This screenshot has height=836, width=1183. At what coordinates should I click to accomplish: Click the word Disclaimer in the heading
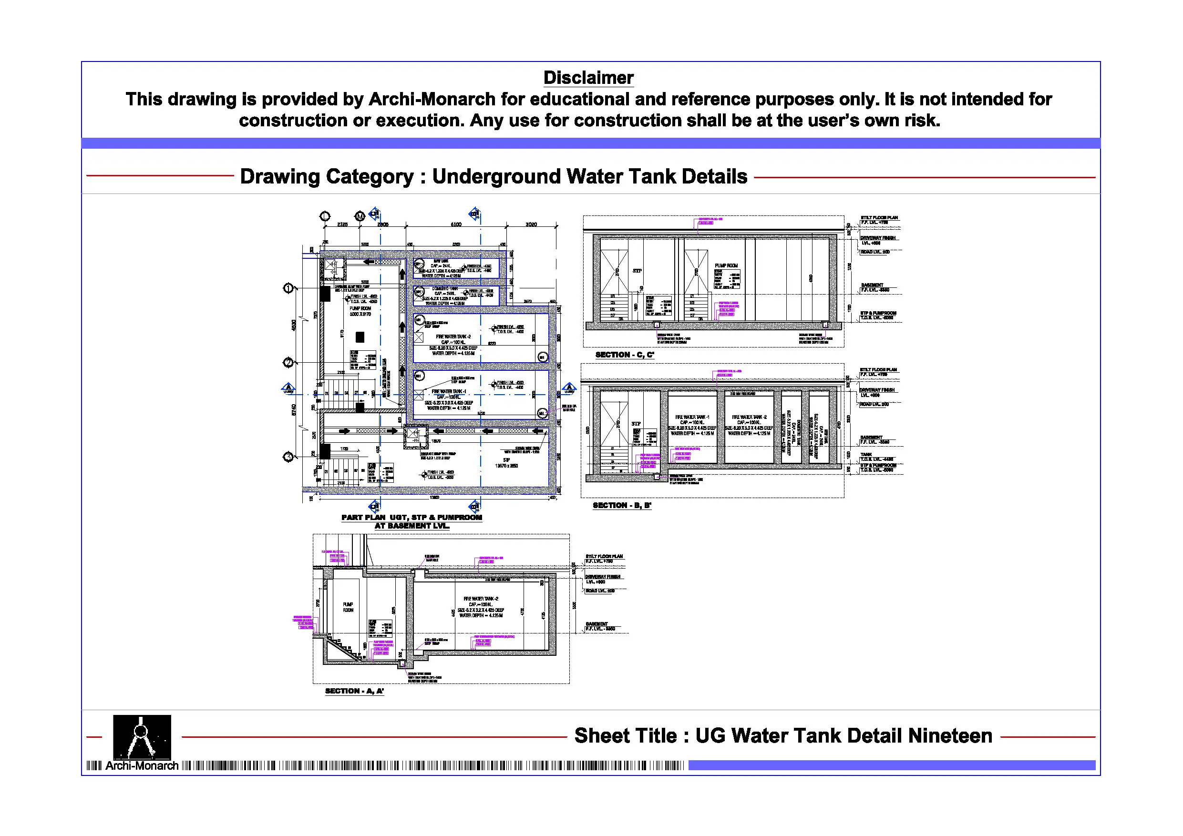coord(588,78)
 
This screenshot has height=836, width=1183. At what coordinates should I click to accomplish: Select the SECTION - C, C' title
coord(625,355)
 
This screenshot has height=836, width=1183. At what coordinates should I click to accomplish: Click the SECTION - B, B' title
coord(621,505)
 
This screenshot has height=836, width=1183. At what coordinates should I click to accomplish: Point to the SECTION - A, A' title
coord(354,691)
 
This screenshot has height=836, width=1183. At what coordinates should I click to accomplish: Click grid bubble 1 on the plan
coord(288,288)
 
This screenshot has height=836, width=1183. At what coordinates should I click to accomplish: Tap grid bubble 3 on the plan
coord(288,457)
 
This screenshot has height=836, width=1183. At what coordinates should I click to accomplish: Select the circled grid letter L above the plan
coord(325,216)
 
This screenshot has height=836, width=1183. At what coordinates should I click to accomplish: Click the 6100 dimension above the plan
coord(456,224)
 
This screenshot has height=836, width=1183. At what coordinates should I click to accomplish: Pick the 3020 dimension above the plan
coord(531,224)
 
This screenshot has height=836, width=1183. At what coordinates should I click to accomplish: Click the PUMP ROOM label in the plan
coord(360,308)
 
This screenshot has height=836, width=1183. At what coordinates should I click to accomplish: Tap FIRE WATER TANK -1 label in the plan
coord(449,391)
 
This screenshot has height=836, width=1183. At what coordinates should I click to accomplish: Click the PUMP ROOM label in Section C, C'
coord(726,266)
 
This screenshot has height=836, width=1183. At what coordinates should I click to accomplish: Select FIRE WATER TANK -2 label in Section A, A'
coord(481,599)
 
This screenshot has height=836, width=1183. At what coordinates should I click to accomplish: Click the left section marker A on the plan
coord(288,388)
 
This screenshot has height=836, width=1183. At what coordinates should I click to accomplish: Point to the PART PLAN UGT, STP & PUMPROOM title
coord(411,518)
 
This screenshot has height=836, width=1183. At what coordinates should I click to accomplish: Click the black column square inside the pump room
coord(360,337)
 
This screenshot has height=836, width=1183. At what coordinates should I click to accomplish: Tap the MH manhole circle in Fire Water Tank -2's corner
coord(542,357)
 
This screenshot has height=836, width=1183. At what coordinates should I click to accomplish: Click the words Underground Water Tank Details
coord(589,177)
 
